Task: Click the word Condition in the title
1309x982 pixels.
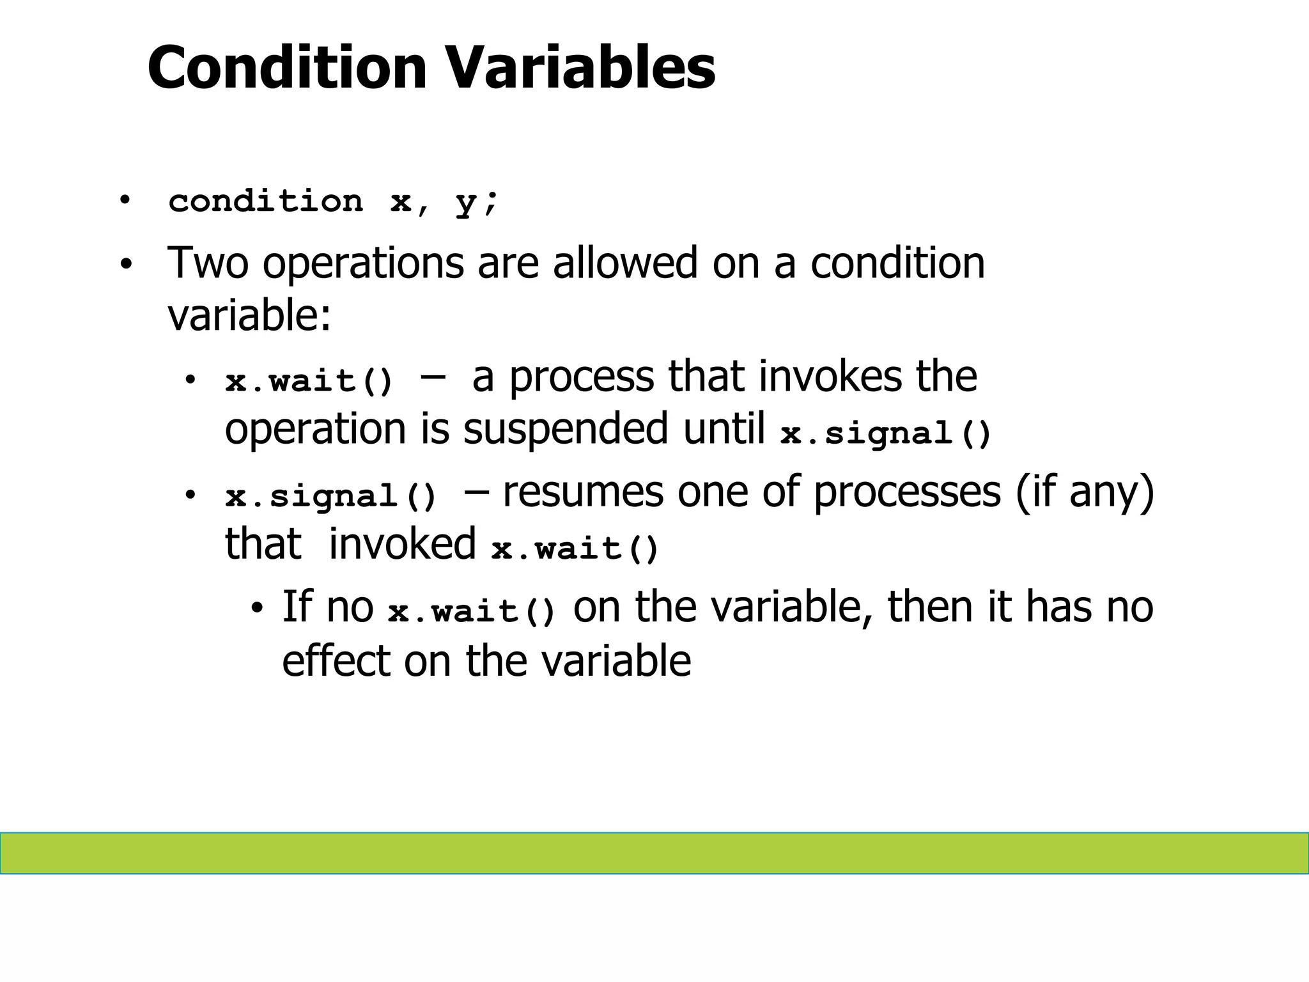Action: pos(287,68)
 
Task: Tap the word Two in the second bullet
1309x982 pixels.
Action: pos(207,263)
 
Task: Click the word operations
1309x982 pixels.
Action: pos(363,264)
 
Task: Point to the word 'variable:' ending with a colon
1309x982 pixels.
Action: pos(249,315)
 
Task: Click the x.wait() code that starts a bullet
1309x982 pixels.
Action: pos(309,382)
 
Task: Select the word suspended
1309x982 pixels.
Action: pos(565,428)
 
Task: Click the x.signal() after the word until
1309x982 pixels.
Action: pos(886,434)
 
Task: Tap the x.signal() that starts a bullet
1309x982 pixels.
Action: pos(331,497)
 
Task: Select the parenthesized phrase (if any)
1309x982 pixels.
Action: pos(1085,492)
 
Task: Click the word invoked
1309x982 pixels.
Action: pos(402,543)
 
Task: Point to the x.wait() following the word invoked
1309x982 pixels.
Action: pos(575,549)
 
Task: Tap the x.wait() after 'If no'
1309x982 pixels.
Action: pos(472,611)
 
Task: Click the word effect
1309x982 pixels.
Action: pos(336,660)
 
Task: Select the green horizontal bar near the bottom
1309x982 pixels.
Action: pos(654,853)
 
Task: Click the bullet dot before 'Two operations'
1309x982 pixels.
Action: pos(126,264)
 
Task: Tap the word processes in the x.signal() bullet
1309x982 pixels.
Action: pos(906,492)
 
